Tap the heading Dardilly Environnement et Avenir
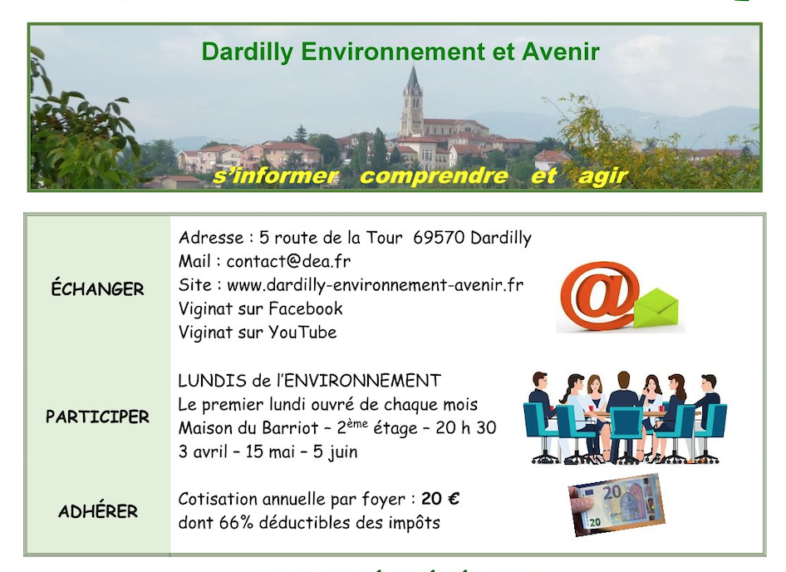click(400, 52)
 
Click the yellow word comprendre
click(434, 176)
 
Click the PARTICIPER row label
click(97, 417)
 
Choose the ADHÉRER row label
click(98, 510)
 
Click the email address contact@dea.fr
click(288, 261)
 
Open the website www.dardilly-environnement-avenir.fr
click(375, 285)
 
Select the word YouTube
click(302, 333)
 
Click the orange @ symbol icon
click(600, 295)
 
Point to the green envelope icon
click(656, 308)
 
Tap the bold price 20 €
click(440, 499)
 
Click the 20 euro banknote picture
click(617, 505)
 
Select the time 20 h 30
click(465, 428)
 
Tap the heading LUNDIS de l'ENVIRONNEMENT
click(309, 380)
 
